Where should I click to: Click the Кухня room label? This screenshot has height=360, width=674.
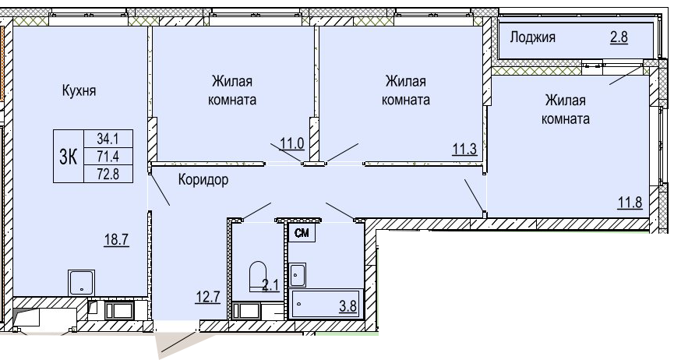(79, 90)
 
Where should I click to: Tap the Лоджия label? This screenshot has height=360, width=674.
(533, 37)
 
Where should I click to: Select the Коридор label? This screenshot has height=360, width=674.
(203, 179)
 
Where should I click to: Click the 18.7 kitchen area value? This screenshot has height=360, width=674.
(116, 238)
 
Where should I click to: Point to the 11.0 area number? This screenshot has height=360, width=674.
(292, 143)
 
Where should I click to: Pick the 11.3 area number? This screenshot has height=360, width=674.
(464, 149)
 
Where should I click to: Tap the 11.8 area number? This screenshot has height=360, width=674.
(630, 202)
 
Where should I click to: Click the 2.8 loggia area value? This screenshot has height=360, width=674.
(619, 37)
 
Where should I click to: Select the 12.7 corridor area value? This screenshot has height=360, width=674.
(208, 297)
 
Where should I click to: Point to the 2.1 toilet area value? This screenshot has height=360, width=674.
(271, 284)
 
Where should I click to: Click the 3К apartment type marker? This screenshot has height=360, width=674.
(68, 157)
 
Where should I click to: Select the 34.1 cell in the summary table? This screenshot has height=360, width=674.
(108, 139)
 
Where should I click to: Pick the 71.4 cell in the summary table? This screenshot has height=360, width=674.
(108, 156)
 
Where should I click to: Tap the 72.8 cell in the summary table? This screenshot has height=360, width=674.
(108, 175)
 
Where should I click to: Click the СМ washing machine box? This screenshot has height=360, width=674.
(302, 233)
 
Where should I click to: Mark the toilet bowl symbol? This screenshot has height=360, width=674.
(258, 276)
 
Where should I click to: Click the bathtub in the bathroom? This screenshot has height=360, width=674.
(326, 304)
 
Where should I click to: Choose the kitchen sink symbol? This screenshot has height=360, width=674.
(82, 283)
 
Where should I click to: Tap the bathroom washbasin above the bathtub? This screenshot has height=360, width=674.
(297, 275)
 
